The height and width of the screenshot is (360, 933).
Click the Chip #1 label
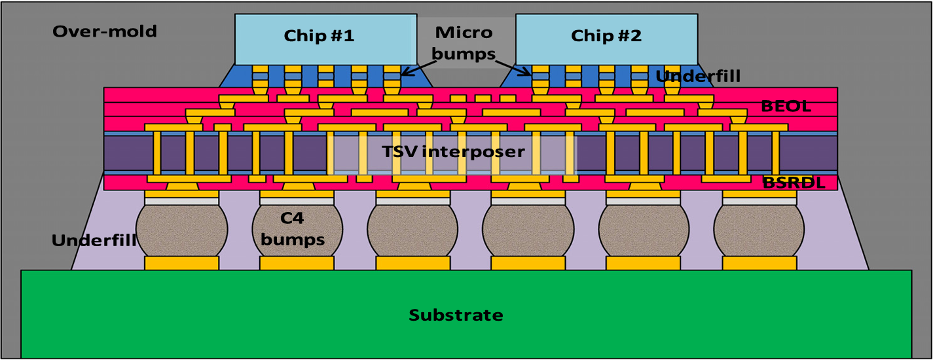click(319, 36)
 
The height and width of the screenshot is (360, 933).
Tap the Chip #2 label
click(606, 36)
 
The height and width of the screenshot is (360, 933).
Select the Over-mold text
click(105, 31)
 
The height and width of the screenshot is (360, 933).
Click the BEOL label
click(786, 106)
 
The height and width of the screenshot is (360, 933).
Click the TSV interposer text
click(454, 152)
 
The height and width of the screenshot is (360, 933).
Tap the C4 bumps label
click(293, 230)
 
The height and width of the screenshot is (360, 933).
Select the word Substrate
click(456, 315)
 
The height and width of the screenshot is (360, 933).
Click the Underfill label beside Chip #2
click(698, 77)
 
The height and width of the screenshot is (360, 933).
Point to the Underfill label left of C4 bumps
click(94, 240)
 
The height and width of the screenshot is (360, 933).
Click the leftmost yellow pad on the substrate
click(181, 263)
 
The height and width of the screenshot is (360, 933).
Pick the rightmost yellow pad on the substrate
click(759, 263)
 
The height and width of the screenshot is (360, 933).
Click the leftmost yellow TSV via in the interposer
click(157, 152)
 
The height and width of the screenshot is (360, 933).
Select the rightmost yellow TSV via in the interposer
click(776, 152)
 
